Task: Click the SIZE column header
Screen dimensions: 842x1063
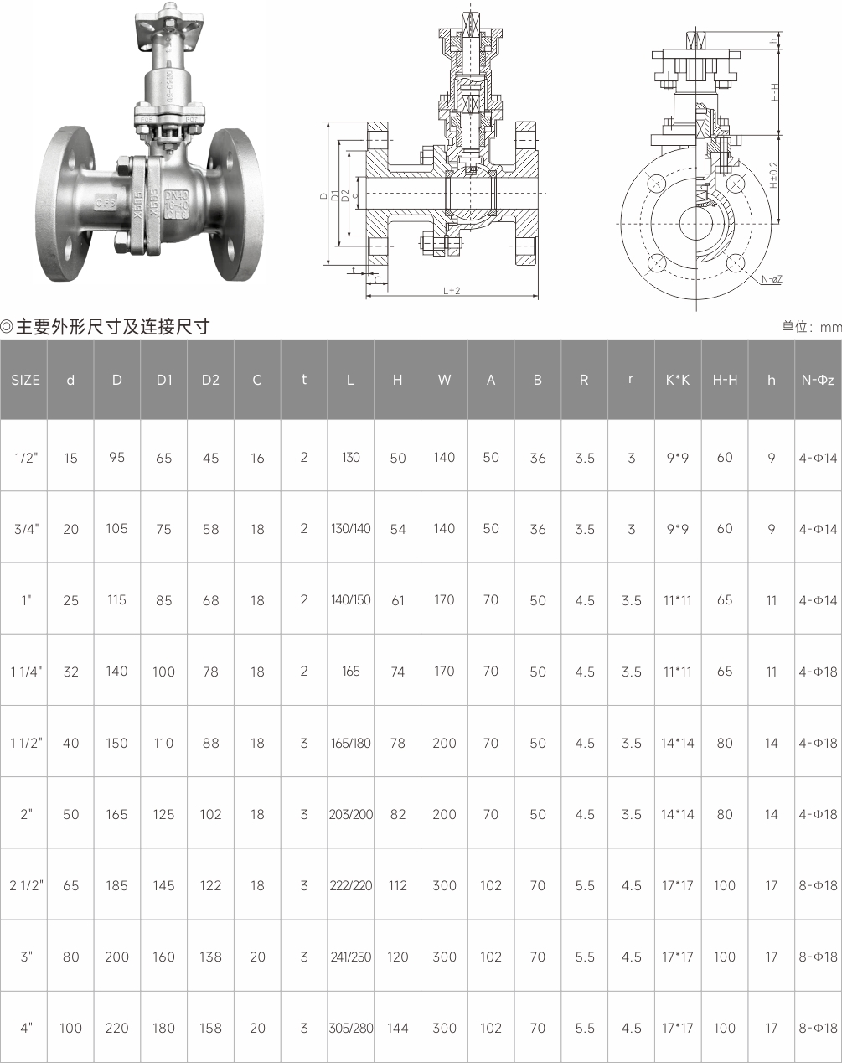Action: click(x=25, y=380)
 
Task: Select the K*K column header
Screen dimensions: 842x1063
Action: click(x=678, y=380)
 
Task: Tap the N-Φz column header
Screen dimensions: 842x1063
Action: click(x=818, y=380)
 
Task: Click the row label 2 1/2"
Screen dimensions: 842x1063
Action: click(x=26, y=885)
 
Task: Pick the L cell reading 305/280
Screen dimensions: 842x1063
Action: click(x=351, y=1028)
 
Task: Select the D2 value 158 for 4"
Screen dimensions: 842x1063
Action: click(x=210, y=1028)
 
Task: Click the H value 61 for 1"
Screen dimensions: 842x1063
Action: click(x=398, y=600)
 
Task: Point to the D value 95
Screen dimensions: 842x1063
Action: click(x=116, y=458)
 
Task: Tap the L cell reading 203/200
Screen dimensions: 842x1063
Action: click(x=351, y=814)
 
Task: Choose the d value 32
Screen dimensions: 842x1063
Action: click(x=70, y=672)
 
